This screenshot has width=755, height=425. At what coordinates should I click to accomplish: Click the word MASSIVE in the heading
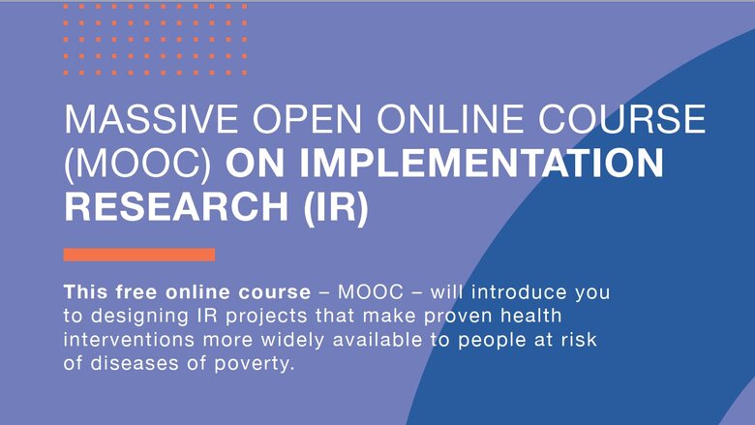click(151, 118)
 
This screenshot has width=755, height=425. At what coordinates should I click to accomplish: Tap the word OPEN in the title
click(307, 118)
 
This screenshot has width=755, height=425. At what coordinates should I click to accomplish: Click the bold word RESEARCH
click(176, 206)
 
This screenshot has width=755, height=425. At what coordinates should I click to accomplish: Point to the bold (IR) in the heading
click(336, 208)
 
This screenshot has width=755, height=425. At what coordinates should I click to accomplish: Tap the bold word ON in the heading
click(256, 163)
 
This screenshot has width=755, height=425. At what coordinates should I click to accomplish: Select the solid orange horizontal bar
click(139, 255)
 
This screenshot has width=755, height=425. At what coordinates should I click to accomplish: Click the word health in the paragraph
click(531, 316)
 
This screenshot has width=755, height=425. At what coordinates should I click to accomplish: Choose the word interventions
click(129, 340)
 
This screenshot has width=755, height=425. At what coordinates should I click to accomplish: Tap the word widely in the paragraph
click(292, 341)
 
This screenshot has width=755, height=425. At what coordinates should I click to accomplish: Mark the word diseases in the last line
click(135, 363)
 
